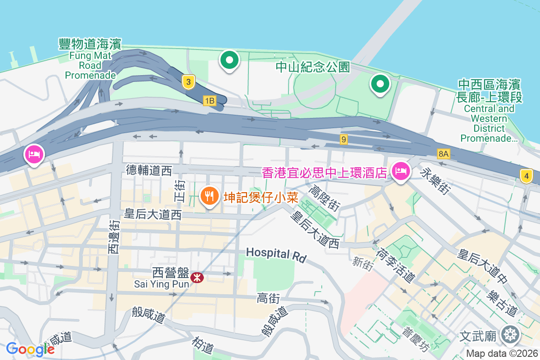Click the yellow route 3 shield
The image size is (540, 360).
(x=189, y=82)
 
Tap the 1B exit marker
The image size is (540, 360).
(x=209, y=100)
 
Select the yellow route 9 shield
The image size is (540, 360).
(x=344, y=139)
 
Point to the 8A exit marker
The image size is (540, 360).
(x=443, y=154)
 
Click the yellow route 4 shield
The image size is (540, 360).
(x=526, y=175)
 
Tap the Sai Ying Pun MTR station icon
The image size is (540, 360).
(x=197, y=277)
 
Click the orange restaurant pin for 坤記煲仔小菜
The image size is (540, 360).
(x=209, y=197)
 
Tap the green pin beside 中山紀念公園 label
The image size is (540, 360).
(x=380, y=84)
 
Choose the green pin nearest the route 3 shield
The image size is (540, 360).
(x=229, y=60)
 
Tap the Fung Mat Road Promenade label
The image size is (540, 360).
(x=90, y=59)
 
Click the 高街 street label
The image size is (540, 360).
(x=269, y=298)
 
